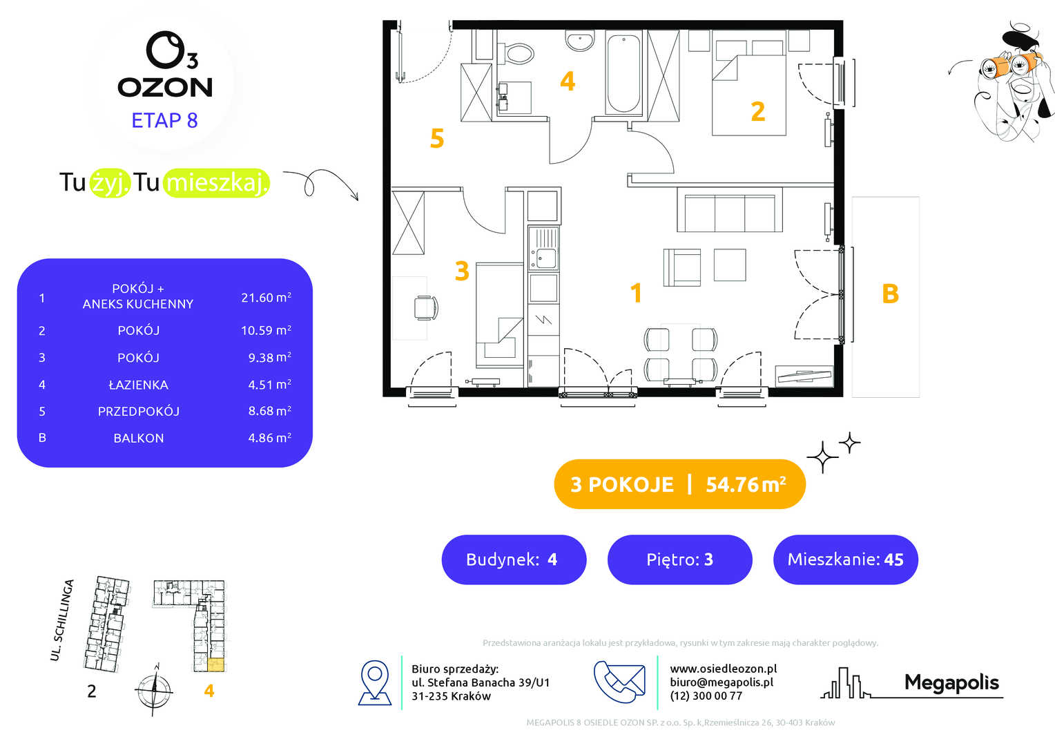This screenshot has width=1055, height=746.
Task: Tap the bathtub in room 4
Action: [623, 73]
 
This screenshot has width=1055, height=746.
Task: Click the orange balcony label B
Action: [890, 294]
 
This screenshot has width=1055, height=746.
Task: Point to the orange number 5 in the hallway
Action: [437, 138]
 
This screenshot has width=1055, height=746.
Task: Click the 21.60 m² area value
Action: [266, 297]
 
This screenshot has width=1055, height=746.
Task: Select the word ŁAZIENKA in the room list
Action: [139, 385]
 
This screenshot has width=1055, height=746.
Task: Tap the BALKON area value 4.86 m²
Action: [269, 438]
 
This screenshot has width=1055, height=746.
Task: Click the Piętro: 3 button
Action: [679, 559]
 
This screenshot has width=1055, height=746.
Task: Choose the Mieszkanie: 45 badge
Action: [845, 559]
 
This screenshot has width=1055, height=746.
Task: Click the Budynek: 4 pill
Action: [514, 559]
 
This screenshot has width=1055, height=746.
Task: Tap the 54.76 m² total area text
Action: [746, 484]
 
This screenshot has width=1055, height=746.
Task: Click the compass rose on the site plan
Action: [154, 690]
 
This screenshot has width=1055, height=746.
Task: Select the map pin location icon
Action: [375, 682]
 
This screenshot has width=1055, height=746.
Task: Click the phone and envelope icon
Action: [619, 682]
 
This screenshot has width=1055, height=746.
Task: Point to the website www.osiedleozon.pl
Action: [724, 669]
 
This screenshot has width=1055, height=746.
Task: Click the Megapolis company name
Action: [951, 683]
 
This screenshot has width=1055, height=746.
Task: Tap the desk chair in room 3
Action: [426, 308]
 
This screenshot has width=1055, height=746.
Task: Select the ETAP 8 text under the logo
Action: [165, 121]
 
